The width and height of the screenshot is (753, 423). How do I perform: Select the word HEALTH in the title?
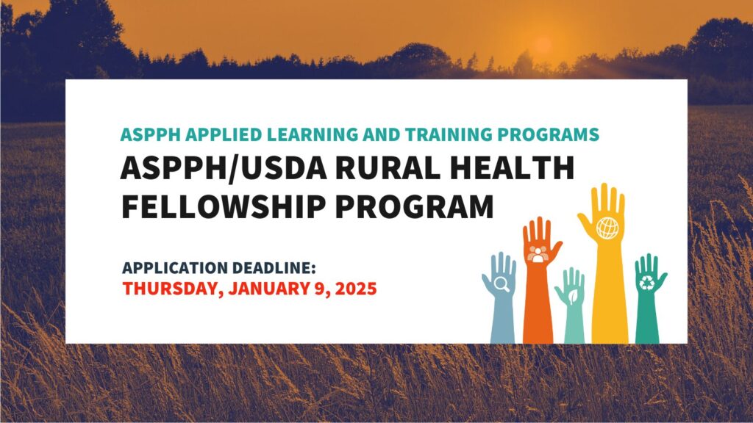click(x=510, y=169)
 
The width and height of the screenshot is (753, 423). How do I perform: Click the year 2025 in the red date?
click(x=355, y=288)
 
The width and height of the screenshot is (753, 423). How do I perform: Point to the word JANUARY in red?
click(x=272, y=288)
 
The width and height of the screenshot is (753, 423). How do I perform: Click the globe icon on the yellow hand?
click(x=607, y=228)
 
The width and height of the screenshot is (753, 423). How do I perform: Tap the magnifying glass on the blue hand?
click(x=500, y=283)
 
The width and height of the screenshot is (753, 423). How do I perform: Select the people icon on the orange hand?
click(x=539, y=254)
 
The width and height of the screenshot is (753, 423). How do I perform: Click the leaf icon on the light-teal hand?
click(x=571, y=295)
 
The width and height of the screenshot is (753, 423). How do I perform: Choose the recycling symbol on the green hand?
click(x=647, y=283)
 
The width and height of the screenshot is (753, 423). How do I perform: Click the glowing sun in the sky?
click(x=543, y=43)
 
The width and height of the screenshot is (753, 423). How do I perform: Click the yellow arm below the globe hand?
click(x=610, y=301)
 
